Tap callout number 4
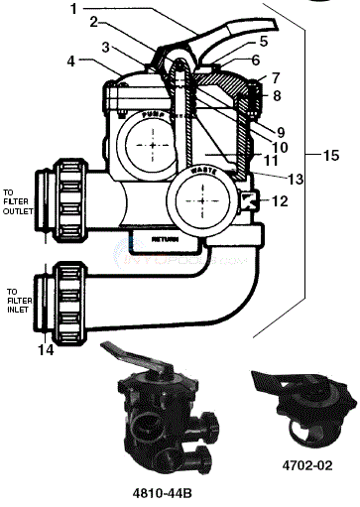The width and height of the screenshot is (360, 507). (x=70, y=63)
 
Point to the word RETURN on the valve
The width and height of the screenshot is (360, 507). (x=166, y=240)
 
